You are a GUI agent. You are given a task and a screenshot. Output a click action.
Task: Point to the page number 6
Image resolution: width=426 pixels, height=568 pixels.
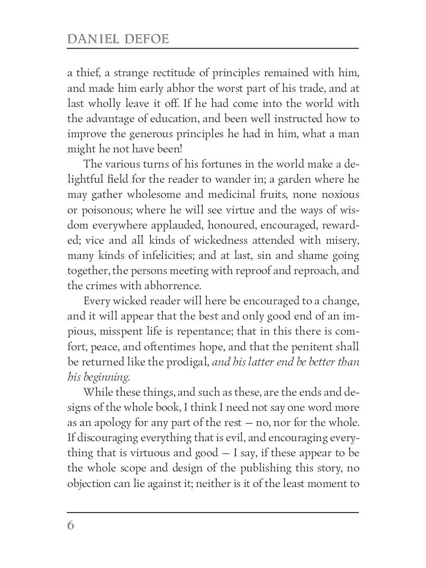click(71, 526)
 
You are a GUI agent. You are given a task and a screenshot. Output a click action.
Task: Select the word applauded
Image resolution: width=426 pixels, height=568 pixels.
click(195, 225)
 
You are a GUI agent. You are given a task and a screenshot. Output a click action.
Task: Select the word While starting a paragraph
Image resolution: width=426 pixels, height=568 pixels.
click(97, 393)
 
